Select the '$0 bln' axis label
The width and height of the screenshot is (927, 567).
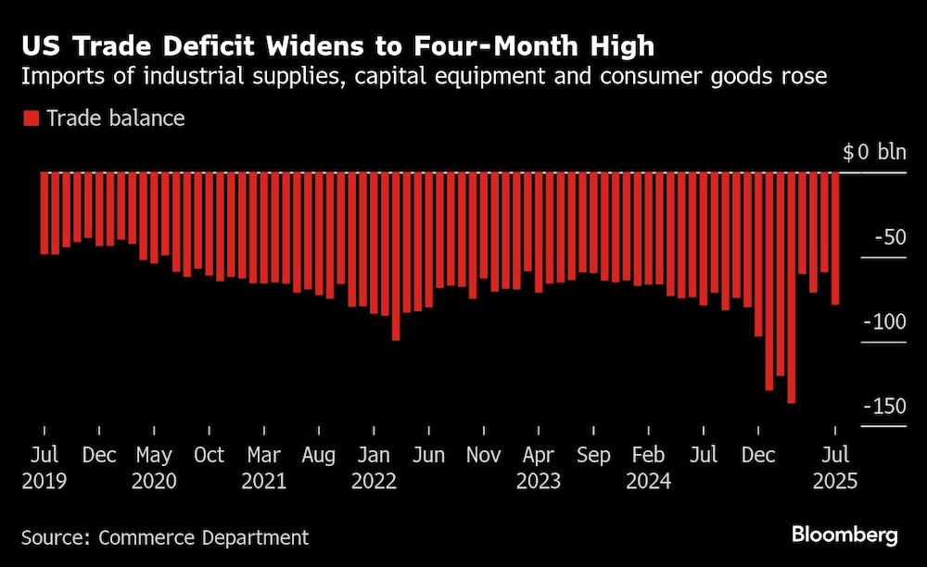coord(874,152)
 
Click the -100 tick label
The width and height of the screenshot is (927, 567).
coord(884,322)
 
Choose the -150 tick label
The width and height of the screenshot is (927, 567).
coord(884,408)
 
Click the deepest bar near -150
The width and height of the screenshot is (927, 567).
coord(792,287)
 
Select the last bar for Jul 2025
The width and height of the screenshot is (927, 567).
coord(835,238)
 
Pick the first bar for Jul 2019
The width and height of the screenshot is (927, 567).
coord(44,213)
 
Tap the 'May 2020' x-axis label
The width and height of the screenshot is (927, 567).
coord(154,468)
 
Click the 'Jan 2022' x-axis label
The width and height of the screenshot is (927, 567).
coord(374,468)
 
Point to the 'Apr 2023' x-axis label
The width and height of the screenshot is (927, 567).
coord(539,468)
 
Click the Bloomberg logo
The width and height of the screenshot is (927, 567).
coord(844,535)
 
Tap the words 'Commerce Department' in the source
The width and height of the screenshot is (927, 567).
coord(204,536)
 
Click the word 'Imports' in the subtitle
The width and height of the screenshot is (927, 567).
coord(55,76)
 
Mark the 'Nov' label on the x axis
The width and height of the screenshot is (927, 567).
coord(484,455)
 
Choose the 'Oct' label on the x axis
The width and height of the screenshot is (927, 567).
coord(209,455)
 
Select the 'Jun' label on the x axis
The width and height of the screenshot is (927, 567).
coord(428,455)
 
